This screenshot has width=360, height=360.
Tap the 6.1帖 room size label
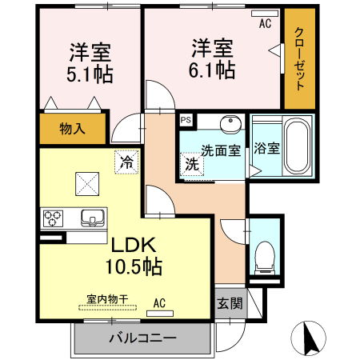[x=212, y=70]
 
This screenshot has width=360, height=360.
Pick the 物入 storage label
[x=72, y=129]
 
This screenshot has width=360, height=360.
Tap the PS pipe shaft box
[x=186, y=121]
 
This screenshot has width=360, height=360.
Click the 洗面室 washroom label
[x=221, y=150]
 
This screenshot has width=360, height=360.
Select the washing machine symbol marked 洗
[x=193, y=165]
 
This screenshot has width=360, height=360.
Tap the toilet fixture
[x=262, y=255]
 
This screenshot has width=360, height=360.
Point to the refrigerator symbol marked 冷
[x=126, y=161]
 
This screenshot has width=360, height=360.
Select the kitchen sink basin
[x=91, y=218]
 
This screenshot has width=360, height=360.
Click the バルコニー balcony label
[x=142, y=338]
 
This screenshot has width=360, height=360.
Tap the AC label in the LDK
[x=159, y=303]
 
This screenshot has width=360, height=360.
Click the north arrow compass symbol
[x=310, y=339]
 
